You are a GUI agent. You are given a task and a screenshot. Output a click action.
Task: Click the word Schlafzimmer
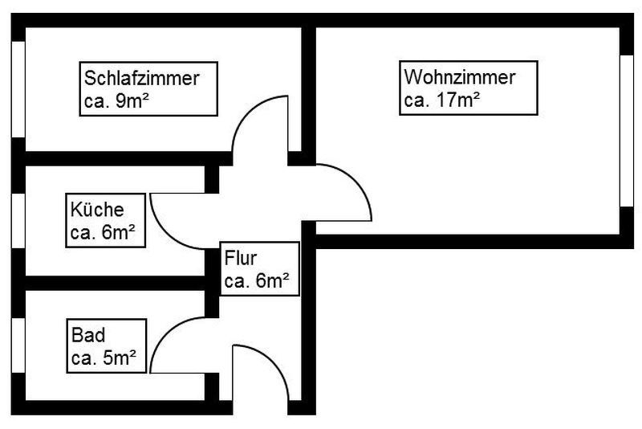142,79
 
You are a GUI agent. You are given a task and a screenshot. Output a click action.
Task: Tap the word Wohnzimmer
459,78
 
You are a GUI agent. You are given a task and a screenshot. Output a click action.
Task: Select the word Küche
97,210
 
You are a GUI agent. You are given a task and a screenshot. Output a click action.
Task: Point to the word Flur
242,259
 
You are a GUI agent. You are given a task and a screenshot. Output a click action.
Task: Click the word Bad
87,334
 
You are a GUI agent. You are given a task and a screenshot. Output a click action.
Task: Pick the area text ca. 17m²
442,100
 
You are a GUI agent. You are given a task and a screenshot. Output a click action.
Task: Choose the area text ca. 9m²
118,101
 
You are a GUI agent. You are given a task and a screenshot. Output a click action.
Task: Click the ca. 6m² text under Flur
257,281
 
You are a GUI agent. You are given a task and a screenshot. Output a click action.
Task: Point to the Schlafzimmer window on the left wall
18,88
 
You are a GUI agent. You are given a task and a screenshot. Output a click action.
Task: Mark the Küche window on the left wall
18,222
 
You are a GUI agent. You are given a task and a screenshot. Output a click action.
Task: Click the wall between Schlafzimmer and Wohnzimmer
307,88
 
